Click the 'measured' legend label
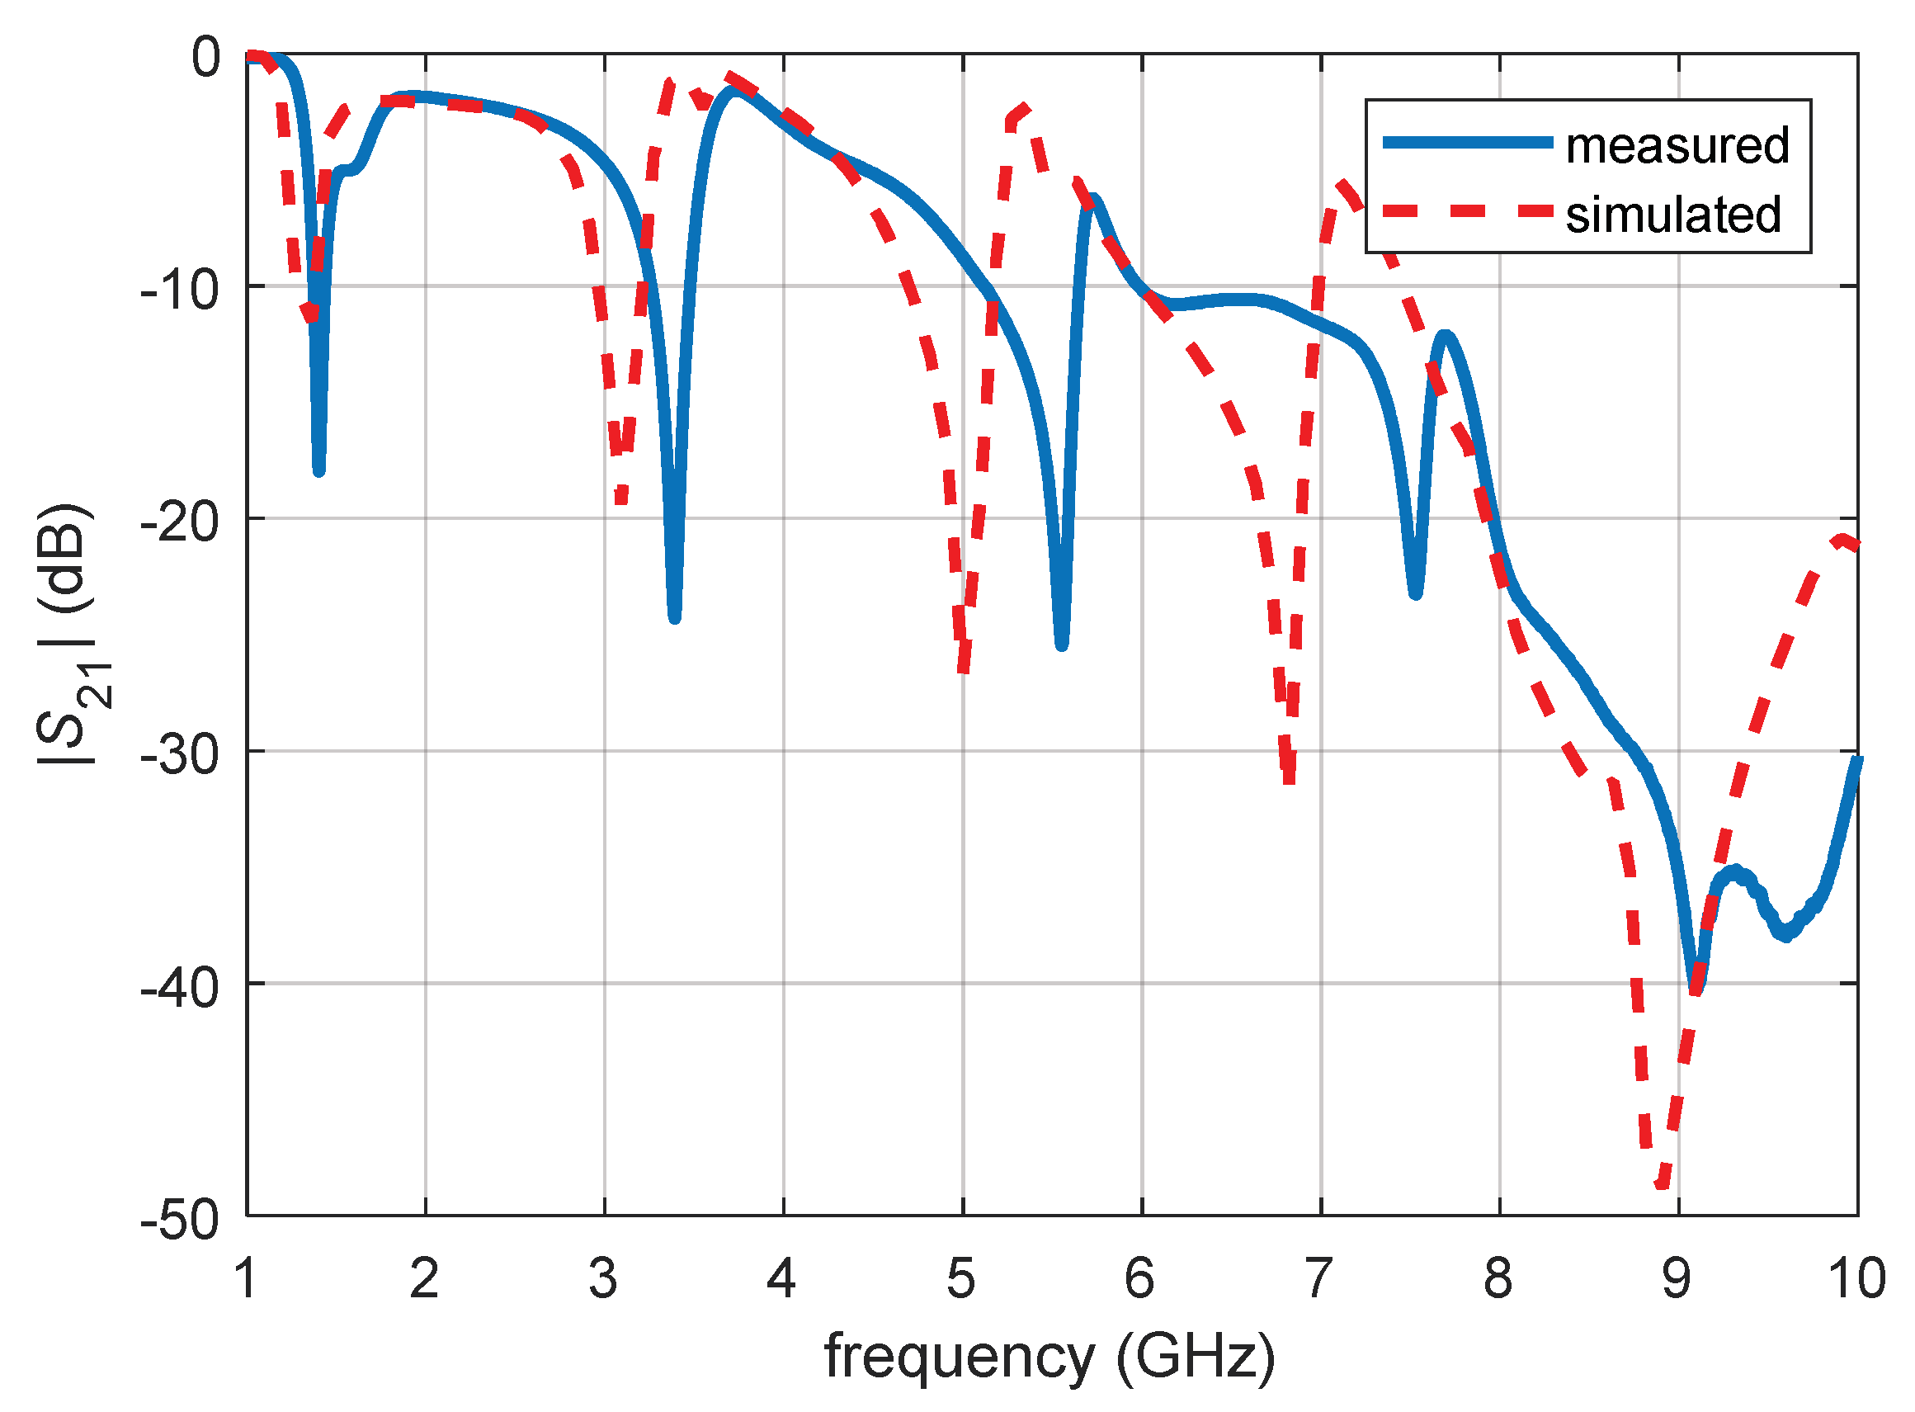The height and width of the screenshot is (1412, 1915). tap(1677, 145)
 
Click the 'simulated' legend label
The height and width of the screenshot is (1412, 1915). tap(1672, 215)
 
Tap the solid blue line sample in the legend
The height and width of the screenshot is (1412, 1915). tap(1466, 143)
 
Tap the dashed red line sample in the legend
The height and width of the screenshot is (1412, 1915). tap(1466, 211)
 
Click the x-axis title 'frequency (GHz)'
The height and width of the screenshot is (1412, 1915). tap(1049, 1357)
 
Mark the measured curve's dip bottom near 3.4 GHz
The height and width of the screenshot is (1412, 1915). tap(674, 617)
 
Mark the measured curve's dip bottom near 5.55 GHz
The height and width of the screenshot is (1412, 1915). tap(1061, 645)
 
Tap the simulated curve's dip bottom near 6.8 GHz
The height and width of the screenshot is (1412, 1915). tap(1289, 780)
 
